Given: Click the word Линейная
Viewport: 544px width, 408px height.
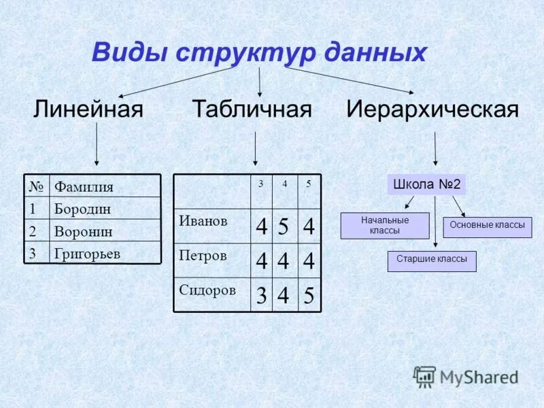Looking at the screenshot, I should click(x=88, y=109).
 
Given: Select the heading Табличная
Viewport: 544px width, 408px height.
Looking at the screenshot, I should click(x=252, y=109).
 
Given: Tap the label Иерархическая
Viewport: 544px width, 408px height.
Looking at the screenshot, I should click(x=432, y=109).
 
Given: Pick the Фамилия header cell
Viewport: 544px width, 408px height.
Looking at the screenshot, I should click(x=84, y=186).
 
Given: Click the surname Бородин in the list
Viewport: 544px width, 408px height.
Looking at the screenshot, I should click(x=82, y=209).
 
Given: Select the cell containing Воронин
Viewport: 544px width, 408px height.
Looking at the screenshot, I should click(x=83, y=231).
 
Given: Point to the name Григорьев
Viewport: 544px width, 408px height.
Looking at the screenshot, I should click(x=87, y=254).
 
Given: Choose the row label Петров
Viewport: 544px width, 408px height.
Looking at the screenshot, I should click(x=202, y=256).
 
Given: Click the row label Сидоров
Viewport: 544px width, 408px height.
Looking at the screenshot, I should click(x=207, y=290).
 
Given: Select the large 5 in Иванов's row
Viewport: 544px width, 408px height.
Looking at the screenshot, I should click(x=285, y=226).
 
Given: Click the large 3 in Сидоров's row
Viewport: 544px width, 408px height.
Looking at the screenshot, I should click(x=261, y=296).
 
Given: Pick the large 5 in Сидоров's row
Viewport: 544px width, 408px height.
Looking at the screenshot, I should click(x=309, y=296).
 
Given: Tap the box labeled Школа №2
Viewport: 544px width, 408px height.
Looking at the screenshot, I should click(x=427, y=184).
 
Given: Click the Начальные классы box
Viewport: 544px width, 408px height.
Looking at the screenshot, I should click(x=385, y=225).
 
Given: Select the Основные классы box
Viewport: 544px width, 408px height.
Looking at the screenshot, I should click(x=488, y=226).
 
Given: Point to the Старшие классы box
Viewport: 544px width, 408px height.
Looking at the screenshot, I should click(x=432, y=261).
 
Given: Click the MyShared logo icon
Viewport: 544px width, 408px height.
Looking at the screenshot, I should click(x=425, y=375).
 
